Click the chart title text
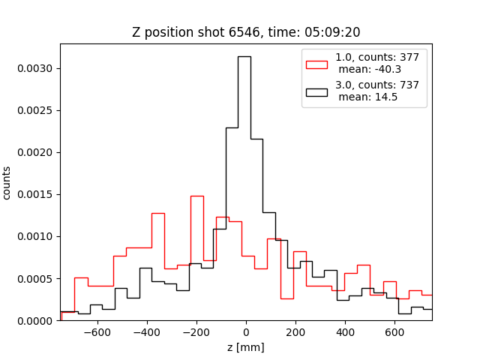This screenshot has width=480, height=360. pyautogui.click(x=245, y=33)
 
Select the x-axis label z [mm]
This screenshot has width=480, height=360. pyautogui.click(x=245, y=347)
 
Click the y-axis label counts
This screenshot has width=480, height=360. pyautogui.click(x=7, y=182)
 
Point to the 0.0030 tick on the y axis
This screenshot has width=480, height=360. pyautogui.click(x=37, y=68)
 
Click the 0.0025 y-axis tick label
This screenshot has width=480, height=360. pyautogui.click(x=37, y=110)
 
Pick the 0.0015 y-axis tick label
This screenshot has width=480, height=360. pyautogui.click(x=37, y=194)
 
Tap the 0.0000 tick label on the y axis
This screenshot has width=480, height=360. pyautogui.click(x=37, y=320)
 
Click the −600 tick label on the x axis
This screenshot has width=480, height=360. pyautogui.click(x=97, y=332)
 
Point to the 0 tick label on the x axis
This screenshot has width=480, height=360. pyautogui.click(x=246, y=332)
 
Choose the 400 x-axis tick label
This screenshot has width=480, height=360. pyautogui.click(x=345, y=332)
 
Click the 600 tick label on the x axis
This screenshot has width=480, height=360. pyautogui.click(x=394, y=332)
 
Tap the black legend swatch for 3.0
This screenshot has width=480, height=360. pyautogui.click(x=316, y=91)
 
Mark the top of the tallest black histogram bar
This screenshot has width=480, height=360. pyautogui.click(x=244, y=56)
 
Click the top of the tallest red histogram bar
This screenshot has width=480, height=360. pyautogui.click(x=196, y=196)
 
